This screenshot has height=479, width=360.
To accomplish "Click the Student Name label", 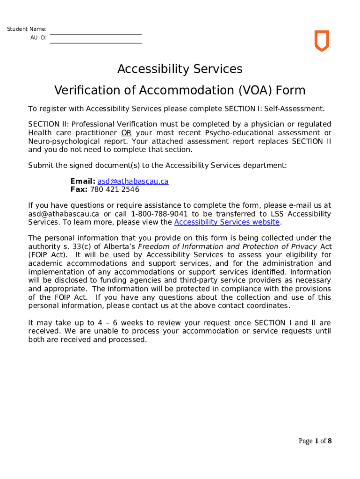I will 26,29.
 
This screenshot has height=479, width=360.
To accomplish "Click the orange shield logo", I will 321,41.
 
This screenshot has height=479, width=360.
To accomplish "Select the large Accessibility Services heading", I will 180,69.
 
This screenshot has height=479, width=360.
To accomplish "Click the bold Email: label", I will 83,181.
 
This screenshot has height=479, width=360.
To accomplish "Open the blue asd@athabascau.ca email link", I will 133,181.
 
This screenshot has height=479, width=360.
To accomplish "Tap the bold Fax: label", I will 79,190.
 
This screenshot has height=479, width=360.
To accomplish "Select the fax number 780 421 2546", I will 115,190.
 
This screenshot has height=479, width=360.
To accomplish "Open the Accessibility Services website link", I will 227,222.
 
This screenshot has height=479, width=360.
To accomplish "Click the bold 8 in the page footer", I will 330,441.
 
